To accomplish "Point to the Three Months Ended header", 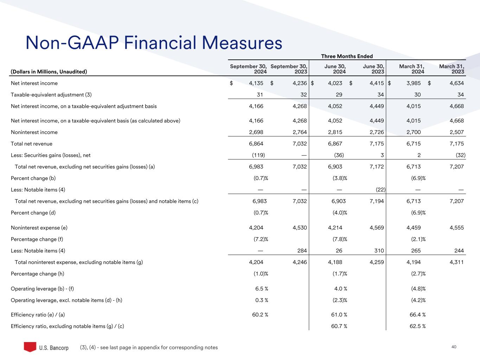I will [x=347, y=56].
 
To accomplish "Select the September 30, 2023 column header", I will [x=289, y=69].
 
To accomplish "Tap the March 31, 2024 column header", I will [x=412, y=69].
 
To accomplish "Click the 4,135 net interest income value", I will [x=256, y=83].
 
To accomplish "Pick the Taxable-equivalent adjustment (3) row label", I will [x=51, y=95].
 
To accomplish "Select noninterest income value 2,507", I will [x=456, y=132].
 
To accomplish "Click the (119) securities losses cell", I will [x=258, y=155].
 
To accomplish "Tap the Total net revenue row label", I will [x=32, y=144].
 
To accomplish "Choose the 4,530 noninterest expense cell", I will [x=300, y=228].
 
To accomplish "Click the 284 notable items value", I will [x=302, y=251].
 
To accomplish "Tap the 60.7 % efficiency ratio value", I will [x=339, y=326].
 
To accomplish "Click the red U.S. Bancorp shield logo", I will [x=30, y=347].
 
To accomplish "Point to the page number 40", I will [x=454, y=347].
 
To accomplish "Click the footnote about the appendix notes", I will [x=149, y=347].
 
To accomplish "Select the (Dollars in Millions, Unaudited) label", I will [x=49, y=72].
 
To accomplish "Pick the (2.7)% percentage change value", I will [x=418, y=274].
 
